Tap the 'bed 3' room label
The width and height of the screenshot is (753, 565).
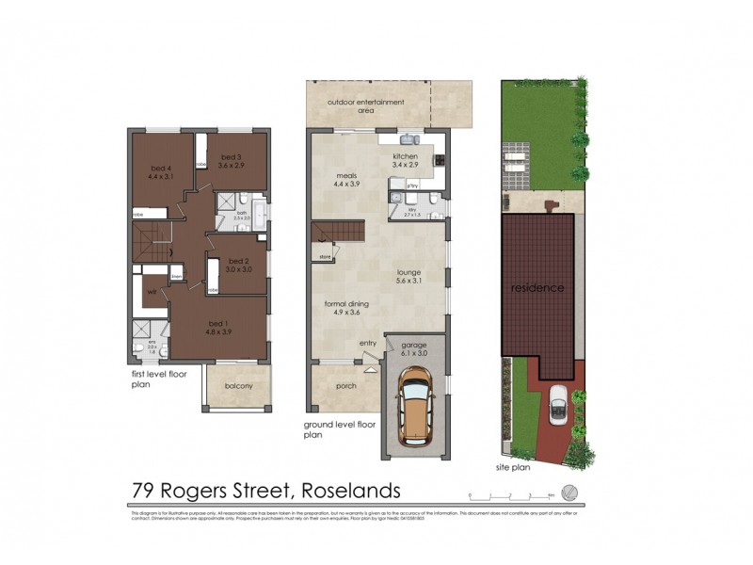tap(232, 156)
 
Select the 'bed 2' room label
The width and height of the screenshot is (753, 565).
tap(239, 260)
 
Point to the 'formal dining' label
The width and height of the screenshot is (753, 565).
tap(346, 304)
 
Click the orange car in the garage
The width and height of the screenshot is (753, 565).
tap(415, 406)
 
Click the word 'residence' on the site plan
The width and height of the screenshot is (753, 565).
tap(537, 287)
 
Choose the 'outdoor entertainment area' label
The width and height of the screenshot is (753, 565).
tap(366, 105)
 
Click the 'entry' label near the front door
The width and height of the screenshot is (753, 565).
tap(368, 343)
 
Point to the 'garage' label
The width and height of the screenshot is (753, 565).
tap(414, 345)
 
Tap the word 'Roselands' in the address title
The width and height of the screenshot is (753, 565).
tap(349, 491)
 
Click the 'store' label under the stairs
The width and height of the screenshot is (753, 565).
tap(326, 255)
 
